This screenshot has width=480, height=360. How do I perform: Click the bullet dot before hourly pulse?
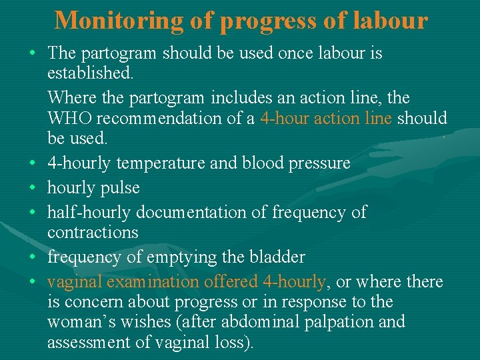[x=33, y=187]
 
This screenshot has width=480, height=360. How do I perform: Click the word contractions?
[x=93, y=233]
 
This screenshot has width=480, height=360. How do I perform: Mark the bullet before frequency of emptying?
[x=33, y=257]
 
